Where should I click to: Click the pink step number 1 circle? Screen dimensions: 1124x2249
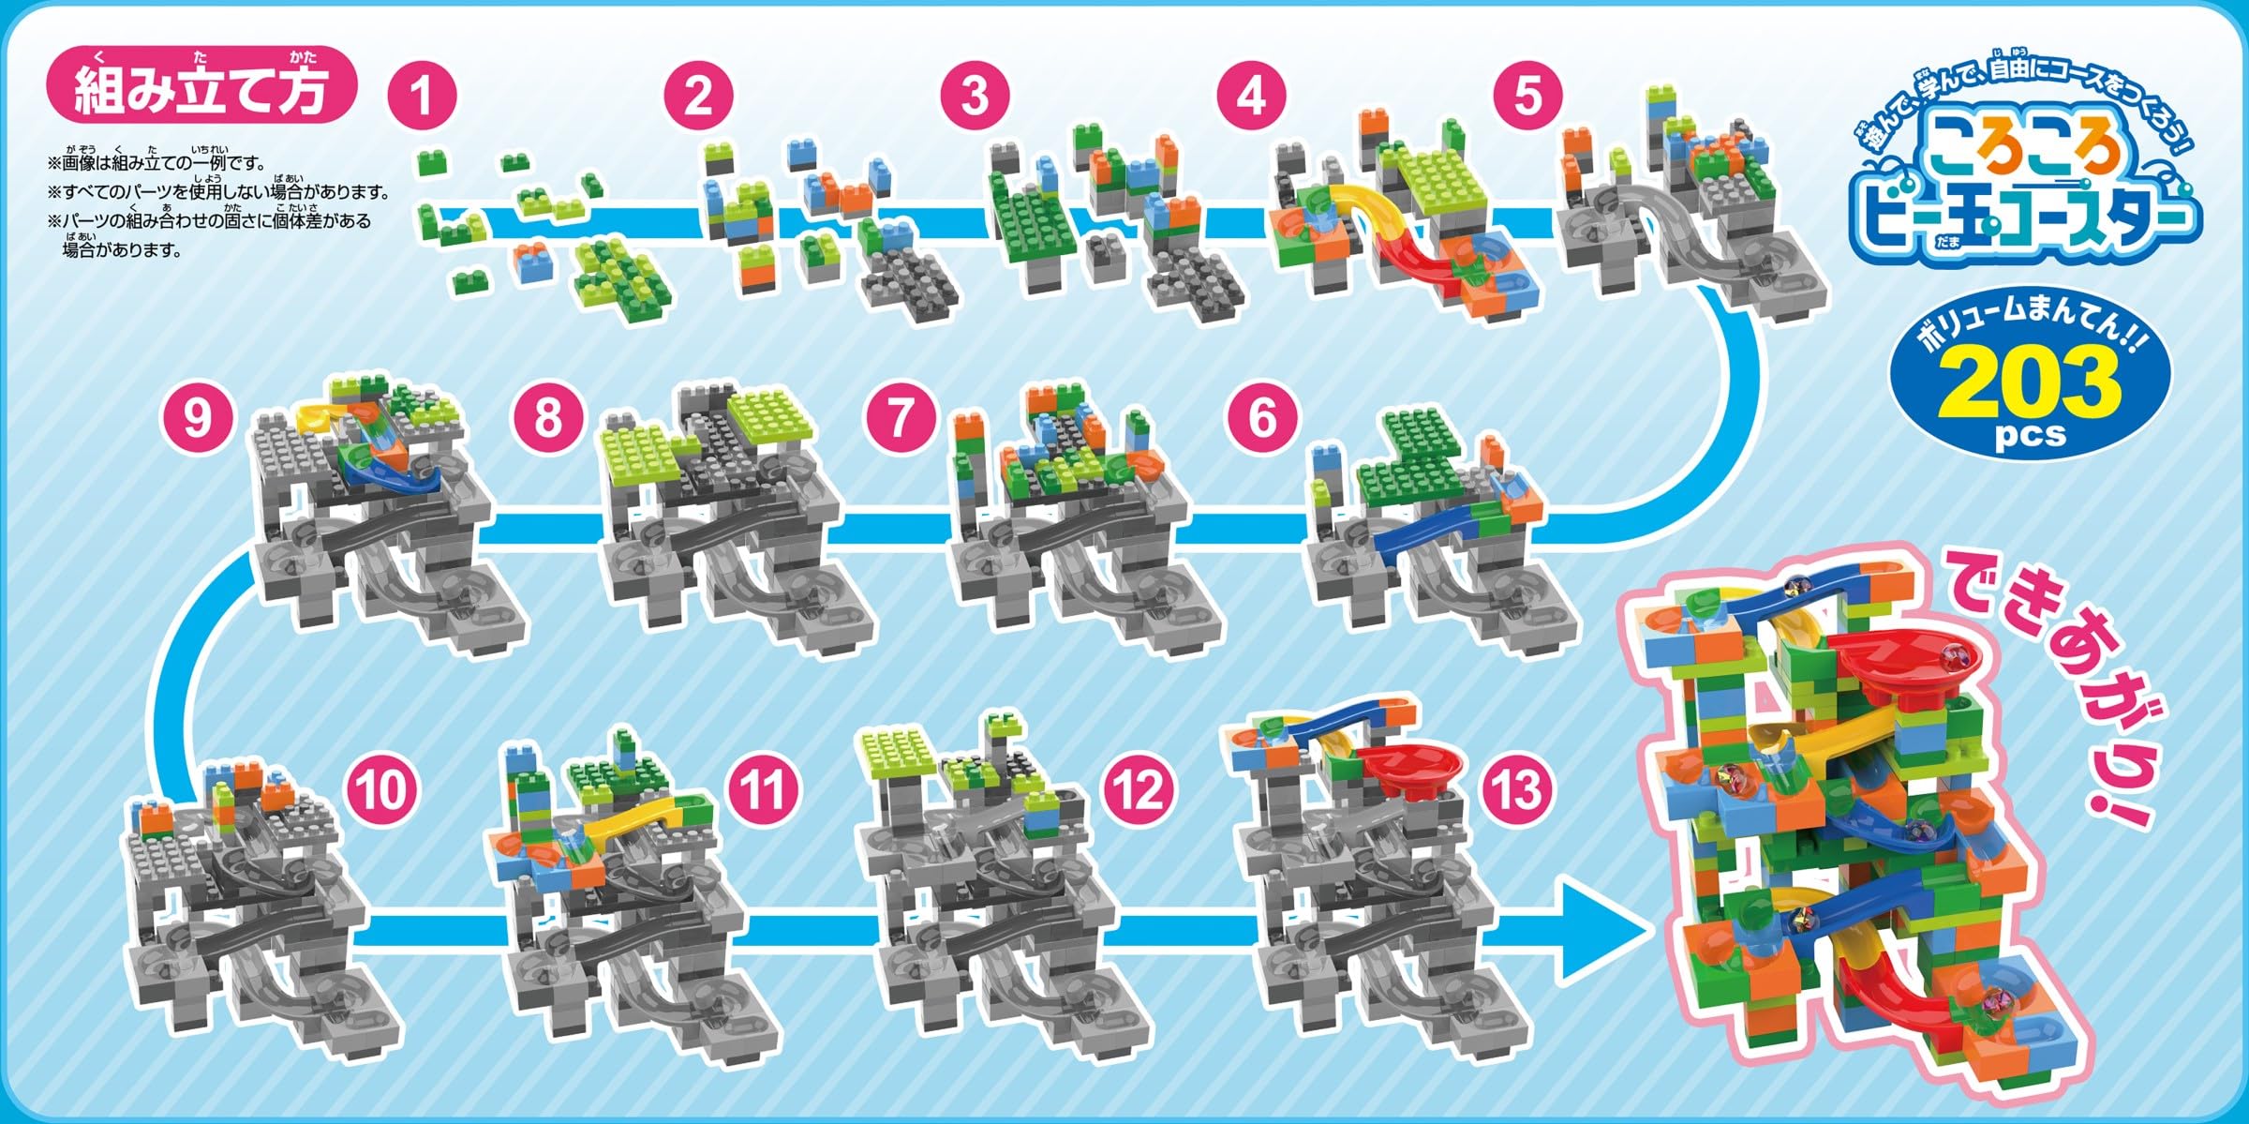[422, 96]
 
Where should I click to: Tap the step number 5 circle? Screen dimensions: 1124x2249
[1527, 96]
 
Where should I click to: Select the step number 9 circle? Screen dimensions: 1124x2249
[197, 416]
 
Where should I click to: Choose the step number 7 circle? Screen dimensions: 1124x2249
[900, 416]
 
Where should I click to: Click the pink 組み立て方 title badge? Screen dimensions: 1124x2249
[201, 89]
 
